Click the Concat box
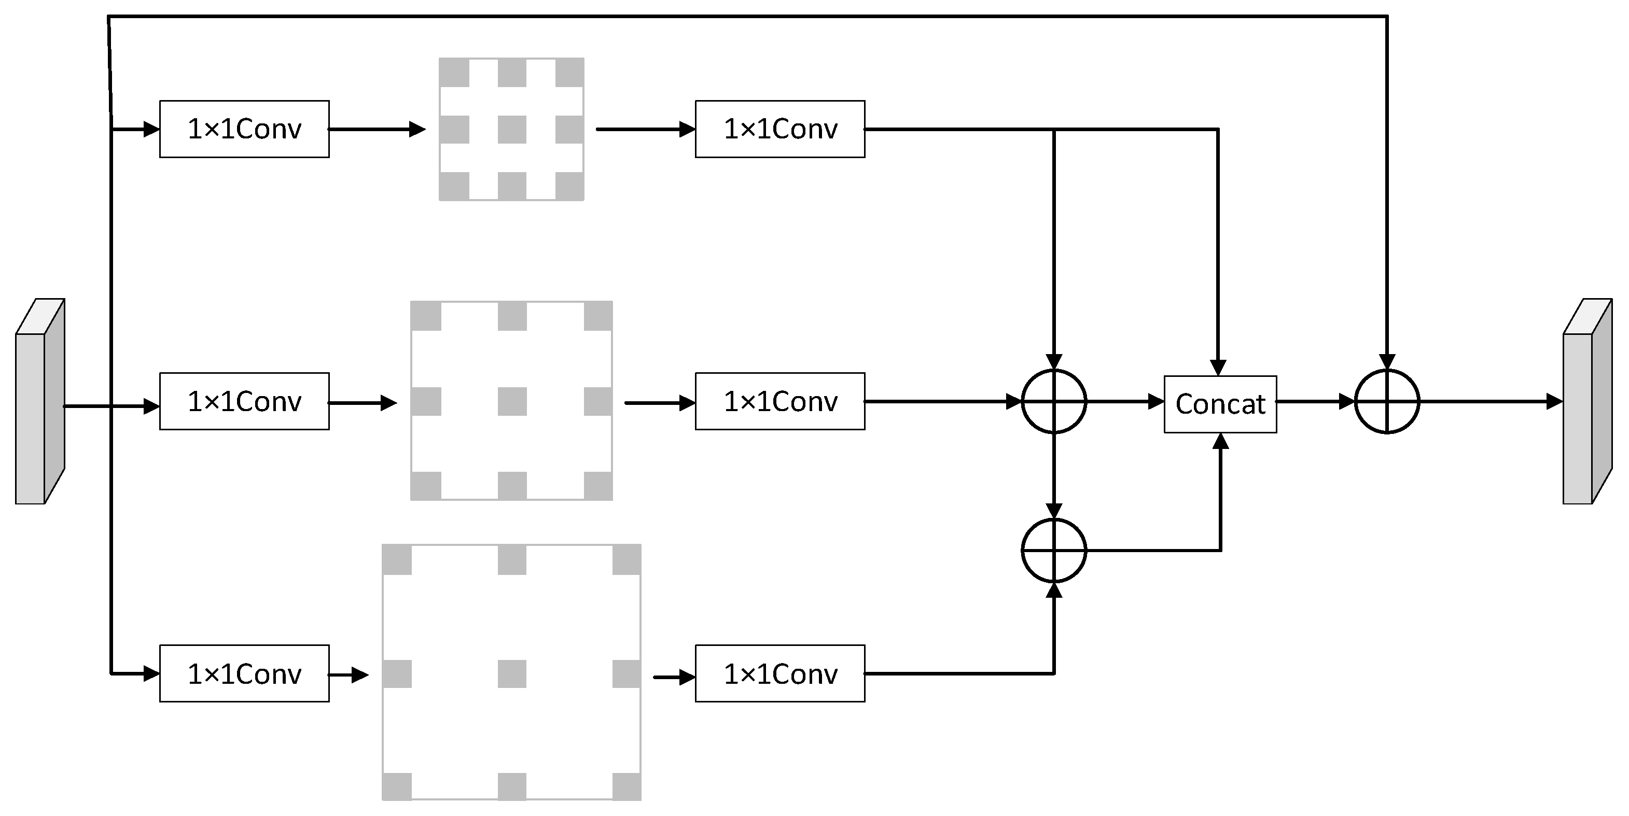coord(1220,404)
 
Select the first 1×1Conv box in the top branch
coord(244,129)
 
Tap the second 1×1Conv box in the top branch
coord(779,129)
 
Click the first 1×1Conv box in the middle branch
coord(244,401)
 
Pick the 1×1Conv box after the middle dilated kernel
coord(779,401)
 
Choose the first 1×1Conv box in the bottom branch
coord(244,674)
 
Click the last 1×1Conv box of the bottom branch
coord(779,674)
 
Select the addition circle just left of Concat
coord(1053,401)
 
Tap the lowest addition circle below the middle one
coord(1053,551)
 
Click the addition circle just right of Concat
coord(1387,401)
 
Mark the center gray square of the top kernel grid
coord(511,130)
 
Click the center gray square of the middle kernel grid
coord(511,401)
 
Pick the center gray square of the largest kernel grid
coord(511,674)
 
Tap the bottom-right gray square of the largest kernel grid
coord(626,786)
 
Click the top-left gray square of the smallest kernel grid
coord(454,73)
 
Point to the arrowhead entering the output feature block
coord(1554,401)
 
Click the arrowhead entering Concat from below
coord(1220,441)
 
